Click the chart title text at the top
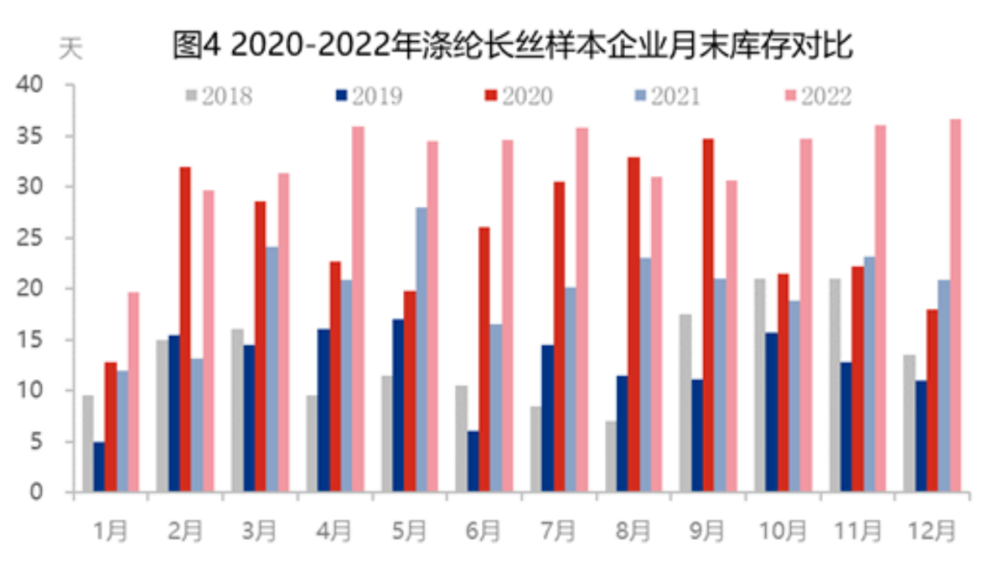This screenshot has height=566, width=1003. tap(513, 45)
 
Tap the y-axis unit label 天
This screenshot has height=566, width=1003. tap(71, 48)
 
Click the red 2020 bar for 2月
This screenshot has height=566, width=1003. tap(186, 329)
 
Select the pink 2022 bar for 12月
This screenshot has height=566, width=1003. tap(956, 305)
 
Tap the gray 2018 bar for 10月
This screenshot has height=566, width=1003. tap(759, 385)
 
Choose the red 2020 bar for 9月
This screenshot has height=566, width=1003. tap(708, 315)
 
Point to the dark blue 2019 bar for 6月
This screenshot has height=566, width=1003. tap(474, 461)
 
